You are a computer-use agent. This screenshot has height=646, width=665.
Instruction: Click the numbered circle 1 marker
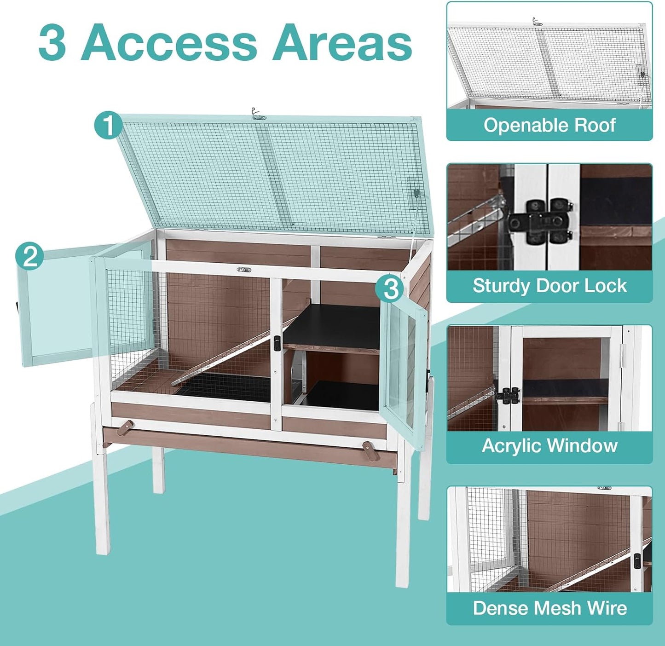[108, 125]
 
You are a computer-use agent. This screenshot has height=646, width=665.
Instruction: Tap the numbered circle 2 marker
[30, 256]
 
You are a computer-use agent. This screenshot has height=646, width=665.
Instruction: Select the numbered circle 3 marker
[391, 289]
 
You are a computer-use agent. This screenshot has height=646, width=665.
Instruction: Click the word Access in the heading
[168, 42]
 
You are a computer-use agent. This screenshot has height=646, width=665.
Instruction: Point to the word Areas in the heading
[342, 42]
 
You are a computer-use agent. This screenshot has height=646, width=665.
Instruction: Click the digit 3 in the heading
[52, 42]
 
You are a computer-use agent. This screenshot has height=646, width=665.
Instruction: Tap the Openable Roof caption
[549, 125]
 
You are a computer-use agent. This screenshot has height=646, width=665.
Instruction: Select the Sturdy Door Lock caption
[549, 286]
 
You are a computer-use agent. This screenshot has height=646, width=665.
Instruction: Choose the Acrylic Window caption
[549, 446]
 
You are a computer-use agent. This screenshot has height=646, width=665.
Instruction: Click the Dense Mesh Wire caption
[549, 608]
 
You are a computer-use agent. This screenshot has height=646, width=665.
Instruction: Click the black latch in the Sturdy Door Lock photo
[541, 222]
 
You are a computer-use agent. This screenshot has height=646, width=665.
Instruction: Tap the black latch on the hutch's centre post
[277, 343]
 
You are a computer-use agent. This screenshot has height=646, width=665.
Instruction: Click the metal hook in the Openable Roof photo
[536, 21]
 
